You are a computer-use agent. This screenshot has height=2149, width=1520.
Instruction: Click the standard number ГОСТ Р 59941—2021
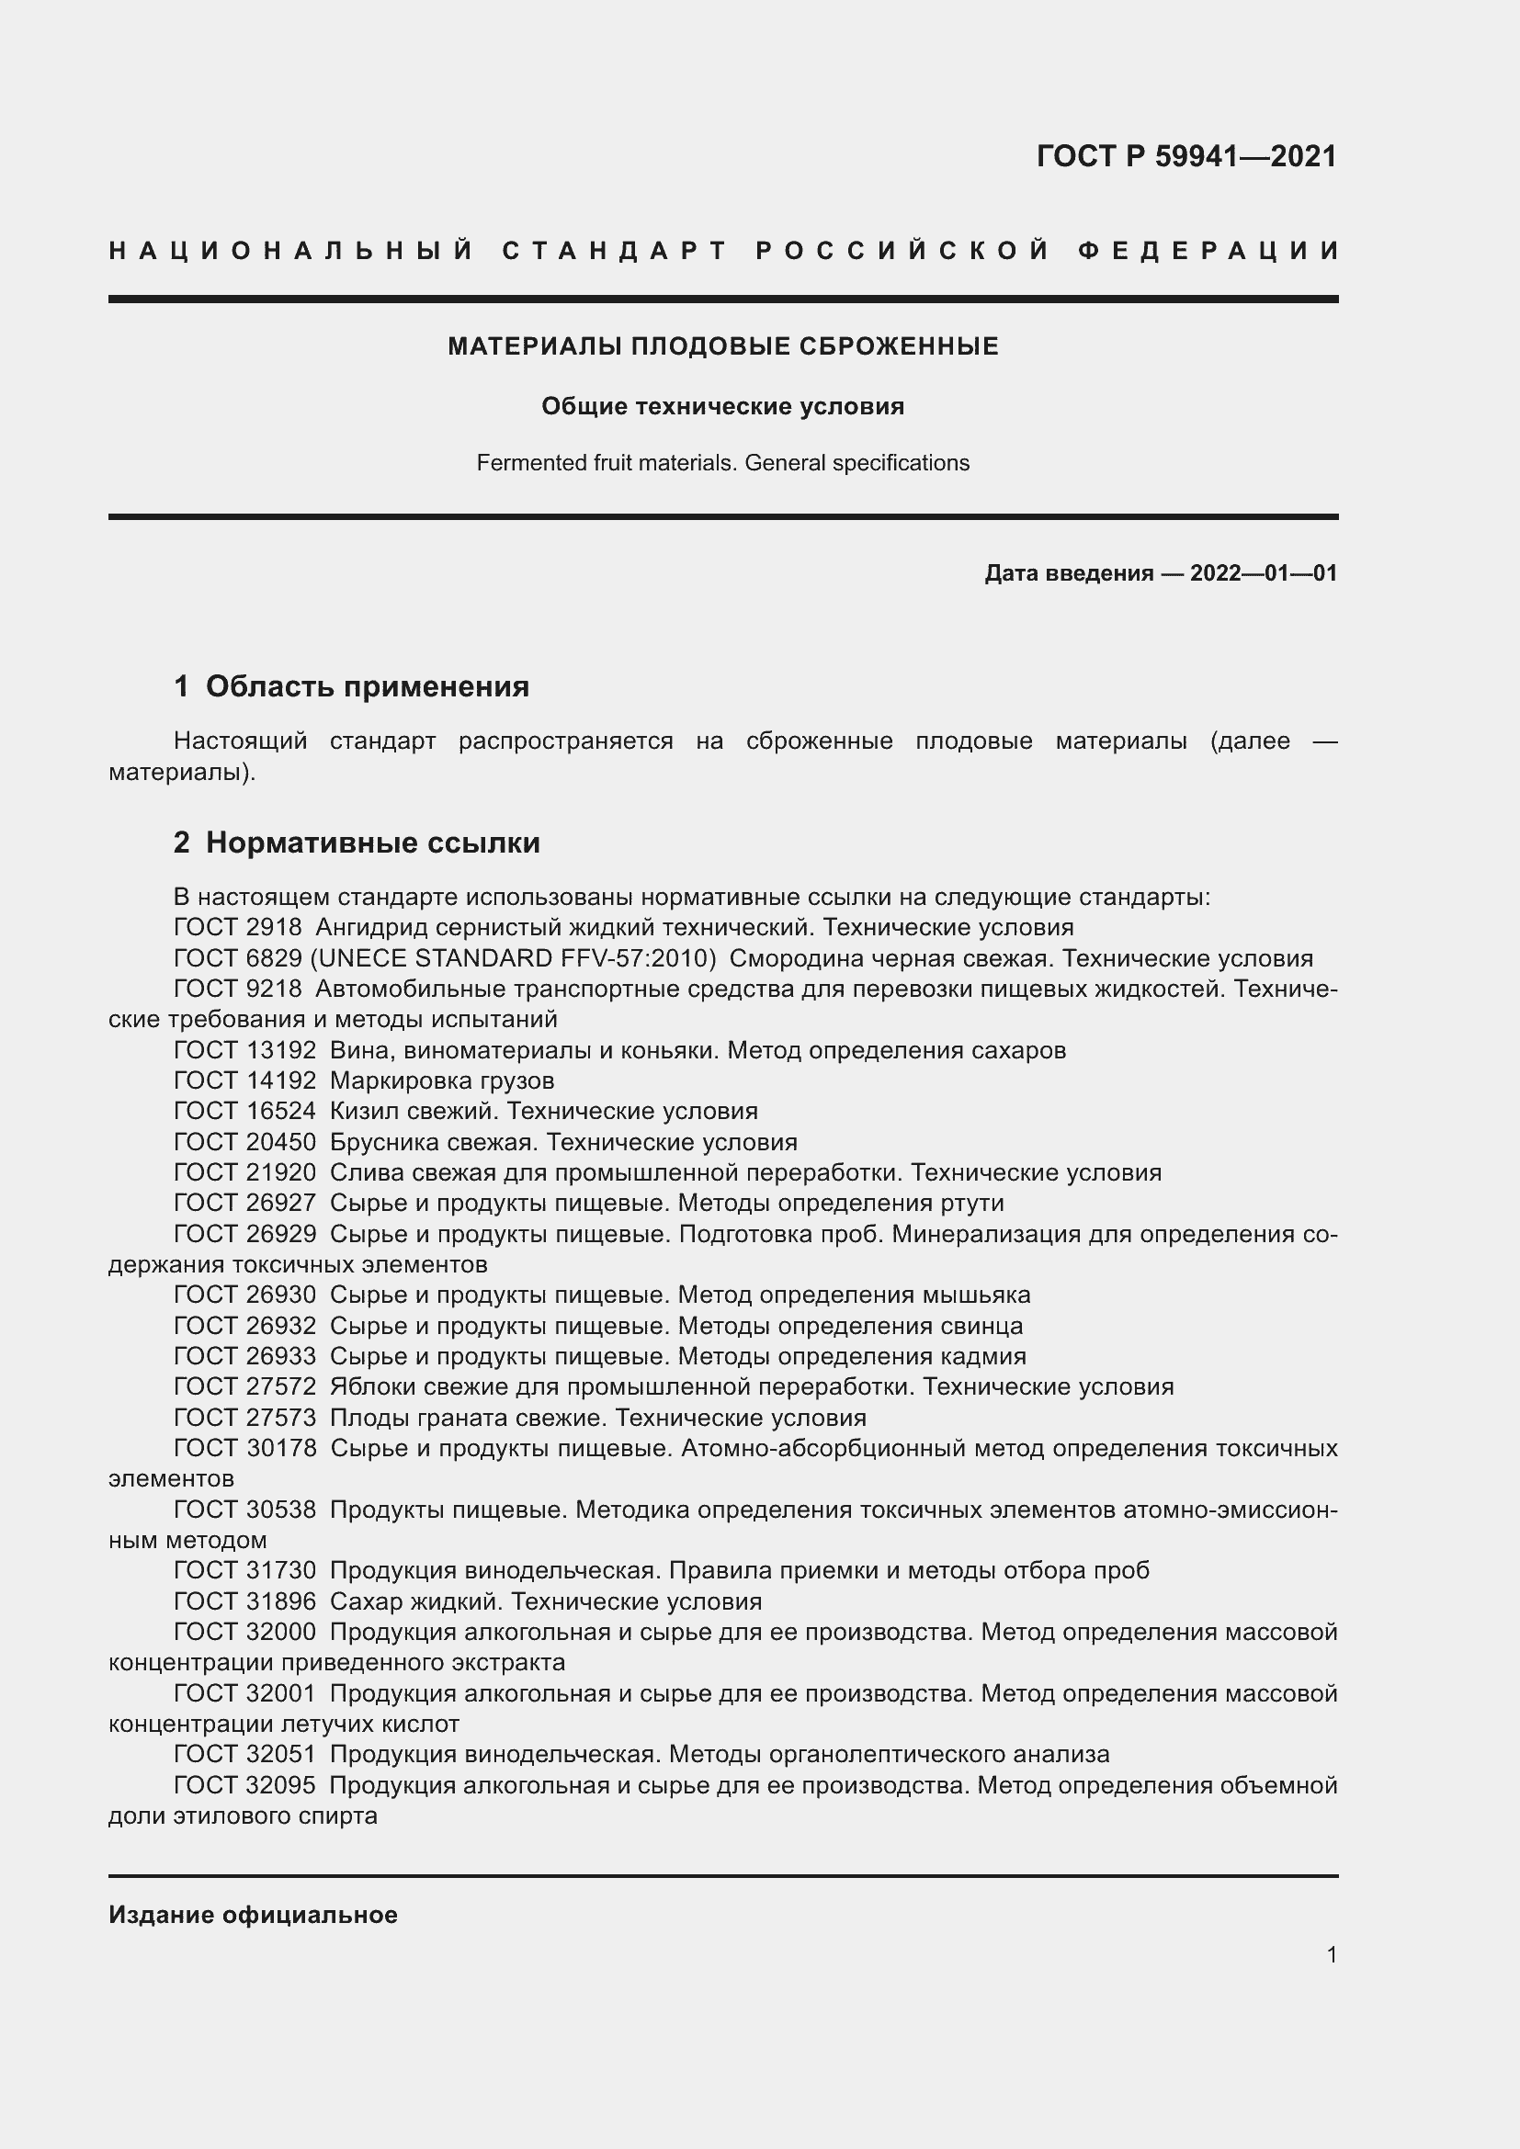(x=1185, y=156)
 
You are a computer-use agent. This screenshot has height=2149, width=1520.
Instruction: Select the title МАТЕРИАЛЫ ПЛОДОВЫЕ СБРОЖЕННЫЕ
(x=722, y=346)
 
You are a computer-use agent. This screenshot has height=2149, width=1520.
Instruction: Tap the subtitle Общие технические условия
(x=722, y=406)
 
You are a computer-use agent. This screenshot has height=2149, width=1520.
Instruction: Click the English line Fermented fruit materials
(x=608, y=463)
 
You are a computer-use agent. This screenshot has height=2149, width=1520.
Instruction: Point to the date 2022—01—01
(x=1264, y=572)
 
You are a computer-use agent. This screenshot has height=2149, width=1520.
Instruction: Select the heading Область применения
(x=367, y=686)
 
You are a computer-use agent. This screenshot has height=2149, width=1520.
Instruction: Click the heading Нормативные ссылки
(x=372, y=843)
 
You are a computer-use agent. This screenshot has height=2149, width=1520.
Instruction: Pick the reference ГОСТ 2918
(x=238, y=928)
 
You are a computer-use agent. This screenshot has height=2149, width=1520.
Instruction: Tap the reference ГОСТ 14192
(x=245, y=1080)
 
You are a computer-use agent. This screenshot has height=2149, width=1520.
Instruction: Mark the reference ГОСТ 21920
(x=245, y=1171)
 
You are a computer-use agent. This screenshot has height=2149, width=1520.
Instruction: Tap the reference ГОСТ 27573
(x=245, y=1417)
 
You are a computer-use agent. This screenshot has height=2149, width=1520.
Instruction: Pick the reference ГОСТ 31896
(x=245, y=1601)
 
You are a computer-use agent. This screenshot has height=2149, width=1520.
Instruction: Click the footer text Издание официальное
(x=253, y=1915)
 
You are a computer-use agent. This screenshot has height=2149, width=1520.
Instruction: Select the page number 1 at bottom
(x=1331, y=1954)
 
